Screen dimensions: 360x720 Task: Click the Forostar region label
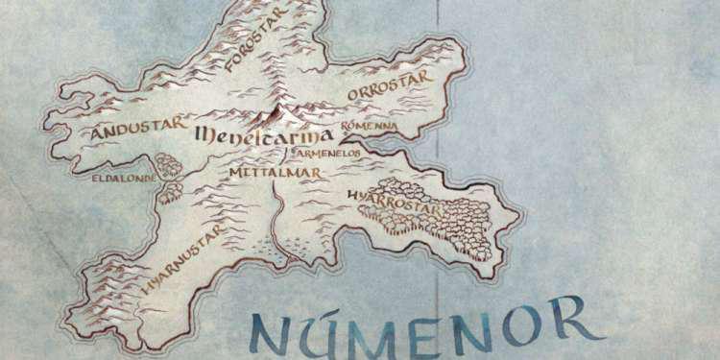(256, 43)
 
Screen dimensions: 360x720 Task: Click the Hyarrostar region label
(383, 200)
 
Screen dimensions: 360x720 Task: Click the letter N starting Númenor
(270, 330)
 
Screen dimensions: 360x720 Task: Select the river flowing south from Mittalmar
(276, 221)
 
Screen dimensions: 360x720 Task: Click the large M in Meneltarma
(204, 136)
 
